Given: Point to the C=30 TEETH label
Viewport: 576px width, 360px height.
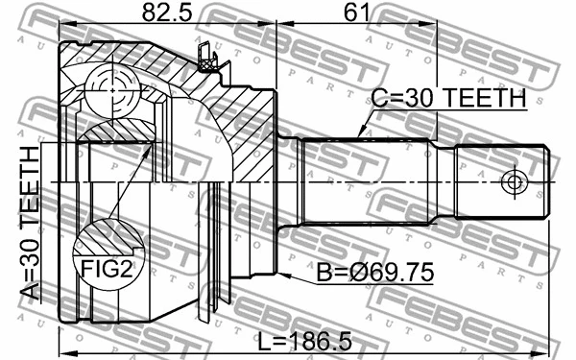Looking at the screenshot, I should pyautogui.click(x=446, y=99).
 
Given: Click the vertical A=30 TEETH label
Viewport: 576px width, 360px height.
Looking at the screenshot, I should pyautogui.click(x=31, y=223).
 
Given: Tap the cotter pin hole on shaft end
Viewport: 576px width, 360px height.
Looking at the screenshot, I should pyautogui.click(x=514, y=181).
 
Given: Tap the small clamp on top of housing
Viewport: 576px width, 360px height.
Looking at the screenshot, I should pyautogui.click(x=204, y=56).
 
